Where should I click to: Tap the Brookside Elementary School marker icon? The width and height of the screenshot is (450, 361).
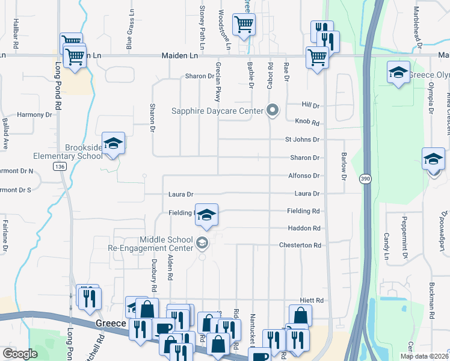pos(113,144)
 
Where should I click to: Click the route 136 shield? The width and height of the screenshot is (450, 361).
pos(59,166)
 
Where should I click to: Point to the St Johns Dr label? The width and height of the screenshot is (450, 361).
pos(302,140)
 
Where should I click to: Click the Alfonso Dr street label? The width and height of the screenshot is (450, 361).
pos(303,176)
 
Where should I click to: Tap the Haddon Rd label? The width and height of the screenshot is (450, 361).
pos(304,229)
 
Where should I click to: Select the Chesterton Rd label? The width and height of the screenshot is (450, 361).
pos(300,245)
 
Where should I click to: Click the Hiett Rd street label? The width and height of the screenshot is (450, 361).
pos(312,300)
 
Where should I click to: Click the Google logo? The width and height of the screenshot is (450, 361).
pos(20,354)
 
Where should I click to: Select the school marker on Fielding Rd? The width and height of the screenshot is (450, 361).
pos(206,216)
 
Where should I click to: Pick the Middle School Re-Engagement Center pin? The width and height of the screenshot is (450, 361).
pos(202,244)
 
